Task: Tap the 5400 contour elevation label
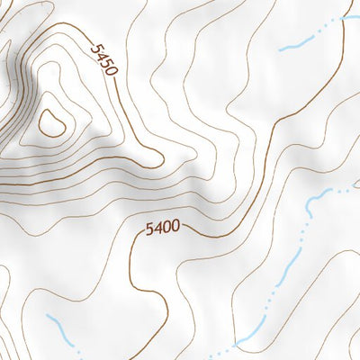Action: [x=163, y=229]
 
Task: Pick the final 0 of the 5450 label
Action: [x=112, y=69]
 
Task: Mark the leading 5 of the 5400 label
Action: [x=149, y=230]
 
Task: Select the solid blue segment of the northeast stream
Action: [x=292, y=45]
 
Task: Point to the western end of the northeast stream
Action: [x=280, y=49]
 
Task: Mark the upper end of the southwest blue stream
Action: [x=47, y=316]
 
